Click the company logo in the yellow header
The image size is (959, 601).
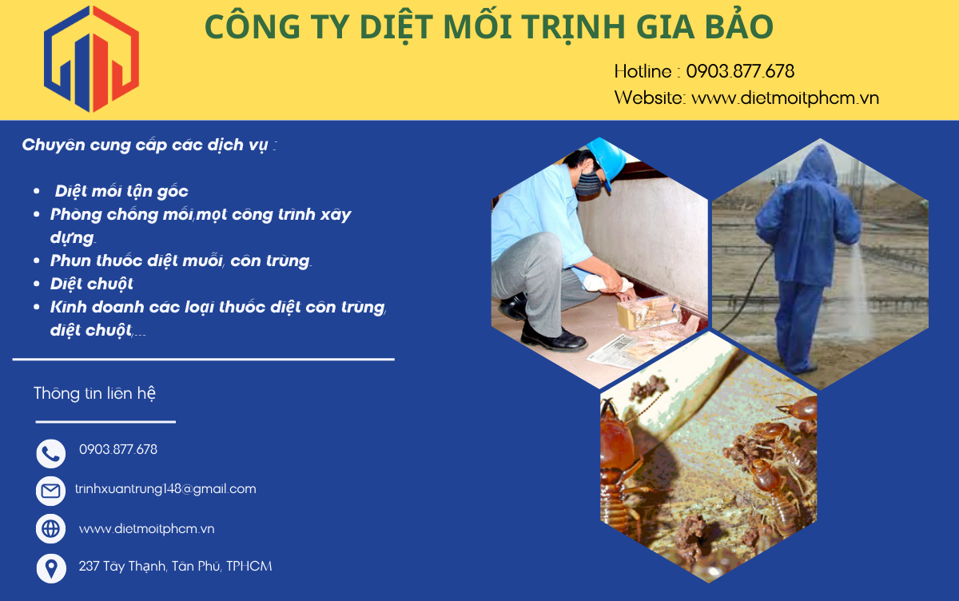91,59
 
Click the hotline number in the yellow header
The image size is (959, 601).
739,71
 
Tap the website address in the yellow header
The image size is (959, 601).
785,98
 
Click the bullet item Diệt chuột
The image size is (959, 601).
91,284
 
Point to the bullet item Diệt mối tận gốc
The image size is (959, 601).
121,191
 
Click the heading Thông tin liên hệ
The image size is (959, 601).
94,393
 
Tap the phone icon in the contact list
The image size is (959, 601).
51,453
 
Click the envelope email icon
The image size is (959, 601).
51,491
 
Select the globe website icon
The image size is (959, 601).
51,528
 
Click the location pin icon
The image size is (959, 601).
51,568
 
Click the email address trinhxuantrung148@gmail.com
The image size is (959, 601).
165,489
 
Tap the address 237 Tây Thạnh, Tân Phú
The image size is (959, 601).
175,566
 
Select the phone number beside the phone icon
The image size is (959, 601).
118,449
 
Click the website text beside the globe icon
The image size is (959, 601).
146,529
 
